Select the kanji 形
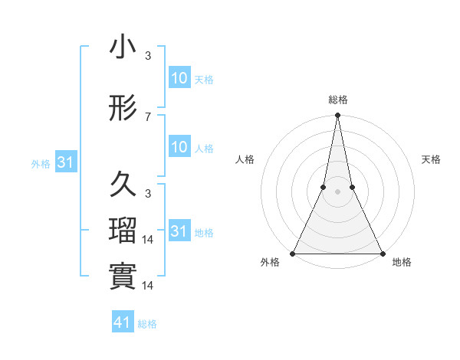point(123,110)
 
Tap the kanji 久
point(123,185)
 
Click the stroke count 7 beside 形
point(148,117)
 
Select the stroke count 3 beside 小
point(148,56)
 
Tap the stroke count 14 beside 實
point(149,285)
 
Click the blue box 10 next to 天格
point(179,78)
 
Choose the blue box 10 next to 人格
point(179,148)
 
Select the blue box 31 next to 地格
point(179,231)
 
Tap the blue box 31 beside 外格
point(66,162)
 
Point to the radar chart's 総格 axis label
point(337,100)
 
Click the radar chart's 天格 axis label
point(431,159)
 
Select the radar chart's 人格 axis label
point(245,159)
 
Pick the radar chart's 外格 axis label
point(270,262)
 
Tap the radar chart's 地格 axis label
point(402,262)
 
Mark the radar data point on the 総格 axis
point(337,116)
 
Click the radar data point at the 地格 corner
point(382,253)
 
